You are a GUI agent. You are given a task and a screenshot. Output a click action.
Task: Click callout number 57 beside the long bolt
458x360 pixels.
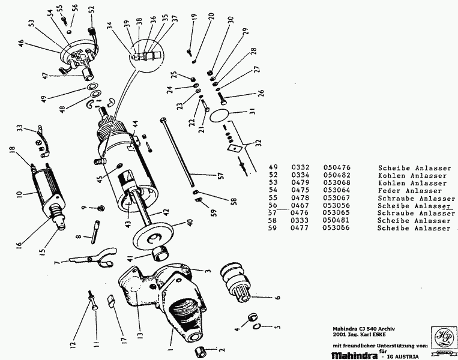click(220, 176)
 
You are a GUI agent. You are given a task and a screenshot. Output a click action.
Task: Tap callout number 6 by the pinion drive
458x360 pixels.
click(278, 298)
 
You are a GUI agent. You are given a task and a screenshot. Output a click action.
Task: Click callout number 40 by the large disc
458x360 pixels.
click(190, 221)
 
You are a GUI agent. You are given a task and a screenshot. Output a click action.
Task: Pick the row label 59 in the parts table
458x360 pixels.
click(274, 229)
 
